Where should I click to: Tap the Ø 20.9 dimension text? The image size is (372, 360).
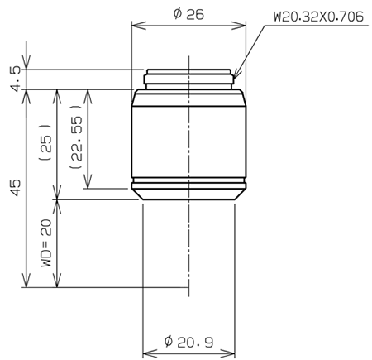pyautogui.click(x=190, y=340)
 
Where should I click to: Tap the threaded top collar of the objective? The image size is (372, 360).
pyautogui.click(x=189, y=79)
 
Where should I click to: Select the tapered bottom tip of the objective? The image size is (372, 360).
pyautogui.click(x=189, y=194)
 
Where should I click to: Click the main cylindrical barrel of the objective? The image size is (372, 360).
pyautogui.click(x=189, y=141)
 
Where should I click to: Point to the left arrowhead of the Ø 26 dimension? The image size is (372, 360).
pyautogui.click(x=136, y=25)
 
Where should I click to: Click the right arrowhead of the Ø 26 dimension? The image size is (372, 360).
pyautogui.click(x=243, y=25)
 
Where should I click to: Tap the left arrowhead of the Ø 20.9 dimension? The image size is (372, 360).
pyautogui.click(x=145, y=351)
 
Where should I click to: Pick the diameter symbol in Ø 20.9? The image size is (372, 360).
pyautogui.click(x=169, y=340)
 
